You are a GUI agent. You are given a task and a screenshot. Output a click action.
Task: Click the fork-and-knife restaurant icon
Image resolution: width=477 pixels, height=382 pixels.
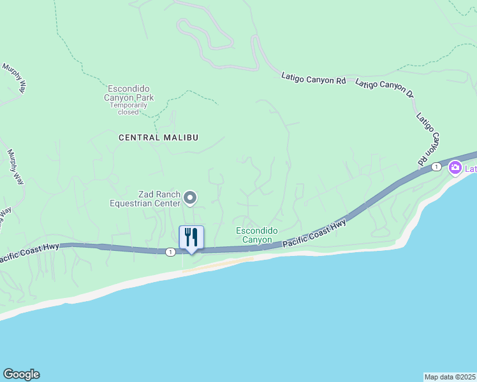click(191, 237)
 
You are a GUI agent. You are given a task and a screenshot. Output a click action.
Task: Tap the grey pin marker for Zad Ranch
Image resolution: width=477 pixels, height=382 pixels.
click(190, 199)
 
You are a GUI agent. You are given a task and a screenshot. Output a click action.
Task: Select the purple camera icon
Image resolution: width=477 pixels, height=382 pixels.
click(455, 168)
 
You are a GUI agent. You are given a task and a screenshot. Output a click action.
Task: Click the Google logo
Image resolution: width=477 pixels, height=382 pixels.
click(21, 374)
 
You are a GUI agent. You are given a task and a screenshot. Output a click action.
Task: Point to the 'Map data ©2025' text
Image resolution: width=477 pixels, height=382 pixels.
click(450, 376)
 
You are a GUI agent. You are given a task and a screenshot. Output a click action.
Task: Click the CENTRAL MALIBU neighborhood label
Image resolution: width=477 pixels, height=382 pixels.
click(159, 138)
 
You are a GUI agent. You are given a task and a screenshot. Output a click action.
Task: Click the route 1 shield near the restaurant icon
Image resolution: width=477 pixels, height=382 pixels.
click(170, 252)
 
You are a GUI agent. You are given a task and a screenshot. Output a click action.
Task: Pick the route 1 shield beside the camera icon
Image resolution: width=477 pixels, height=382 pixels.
click(436, 167)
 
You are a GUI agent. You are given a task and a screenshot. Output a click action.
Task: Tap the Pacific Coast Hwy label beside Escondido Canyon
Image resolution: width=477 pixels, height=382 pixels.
click(314, 233)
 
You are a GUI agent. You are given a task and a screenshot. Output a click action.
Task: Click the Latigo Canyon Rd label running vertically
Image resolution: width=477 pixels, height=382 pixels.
click(430, 139)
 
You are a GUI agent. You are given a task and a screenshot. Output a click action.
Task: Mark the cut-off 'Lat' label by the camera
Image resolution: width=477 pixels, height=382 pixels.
click(470, 169)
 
